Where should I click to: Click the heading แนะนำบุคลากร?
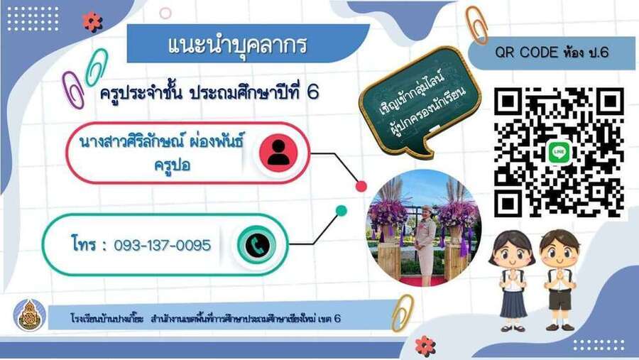[x=236, y=45]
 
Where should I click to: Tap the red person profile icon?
[x=279, y=153]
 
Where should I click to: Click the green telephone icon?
[x=257, y=245]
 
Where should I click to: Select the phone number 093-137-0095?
[x=162, y=246]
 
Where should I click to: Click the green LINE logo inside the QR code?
[x=559, y=152]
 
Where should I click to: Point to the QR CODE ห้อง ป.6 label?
[x=552, y=52]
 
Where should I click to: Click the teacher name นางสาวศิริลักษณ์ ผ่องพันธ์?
[x=161, y=142]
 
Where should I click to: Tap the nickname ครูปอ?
[x=173, y=165]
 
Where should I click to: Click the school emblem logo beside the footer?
[x=29, y=315]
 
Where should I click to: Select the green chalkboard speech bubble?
[x=420, y=101]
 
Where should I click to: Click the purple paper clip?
[x=72, y=89]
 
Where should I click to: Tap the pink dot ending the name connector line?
[x=361, y=186]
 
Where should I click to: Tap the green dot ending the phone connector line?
[x=342, y=211]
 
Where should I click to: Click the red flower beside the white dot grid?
[x=92, y=21]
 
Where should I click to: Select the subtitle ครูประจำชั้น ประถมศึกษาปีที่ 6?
[x=209, y=93]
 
